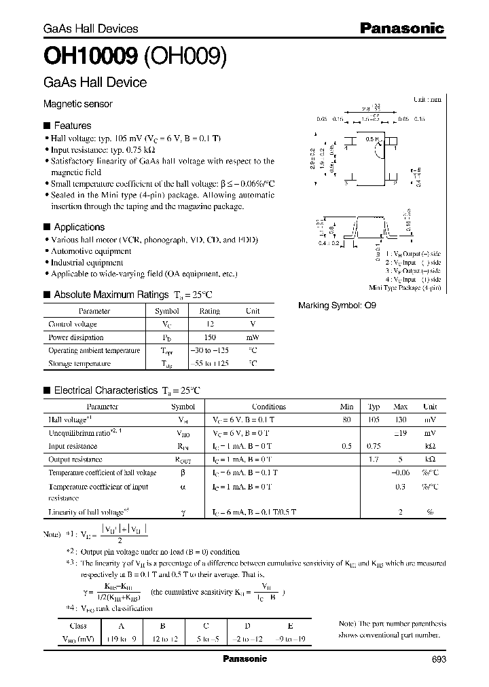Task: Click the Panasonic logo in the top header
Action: pyautogui.click(x=401, y=28)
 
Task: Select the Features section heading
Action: pyautogui.click(x=72, y=126)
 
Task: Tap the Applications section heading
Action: pyautogui.click(x=79, y=227)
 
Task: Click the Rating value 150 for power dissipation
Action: pyautogui.click(x=209, y=337)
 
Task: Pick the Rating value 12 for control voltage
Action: pyautogui.click(x=209, y=324)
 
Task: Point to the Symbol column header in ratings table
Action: pyautogui.click(x=167, y=311)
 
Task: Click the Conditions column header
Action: pyautogui.click(x=269, y=407)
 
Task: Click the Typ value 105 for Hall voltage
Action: pyautogui.click(x=374, y=420)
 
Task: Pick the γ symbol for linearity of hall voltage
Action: pyautogui.click(x=183, y=512)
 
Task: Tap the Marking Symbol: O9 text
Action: pyautogui.click(x=337, y=305)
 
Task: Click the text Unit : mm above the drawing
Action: pyautogui.click(x=427, y=99)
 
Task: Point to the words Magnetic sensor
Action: pyautogui.click(x=77, y=105)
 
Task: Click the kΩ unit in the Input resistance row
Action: pyautogui.click(x=430, y=447)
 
